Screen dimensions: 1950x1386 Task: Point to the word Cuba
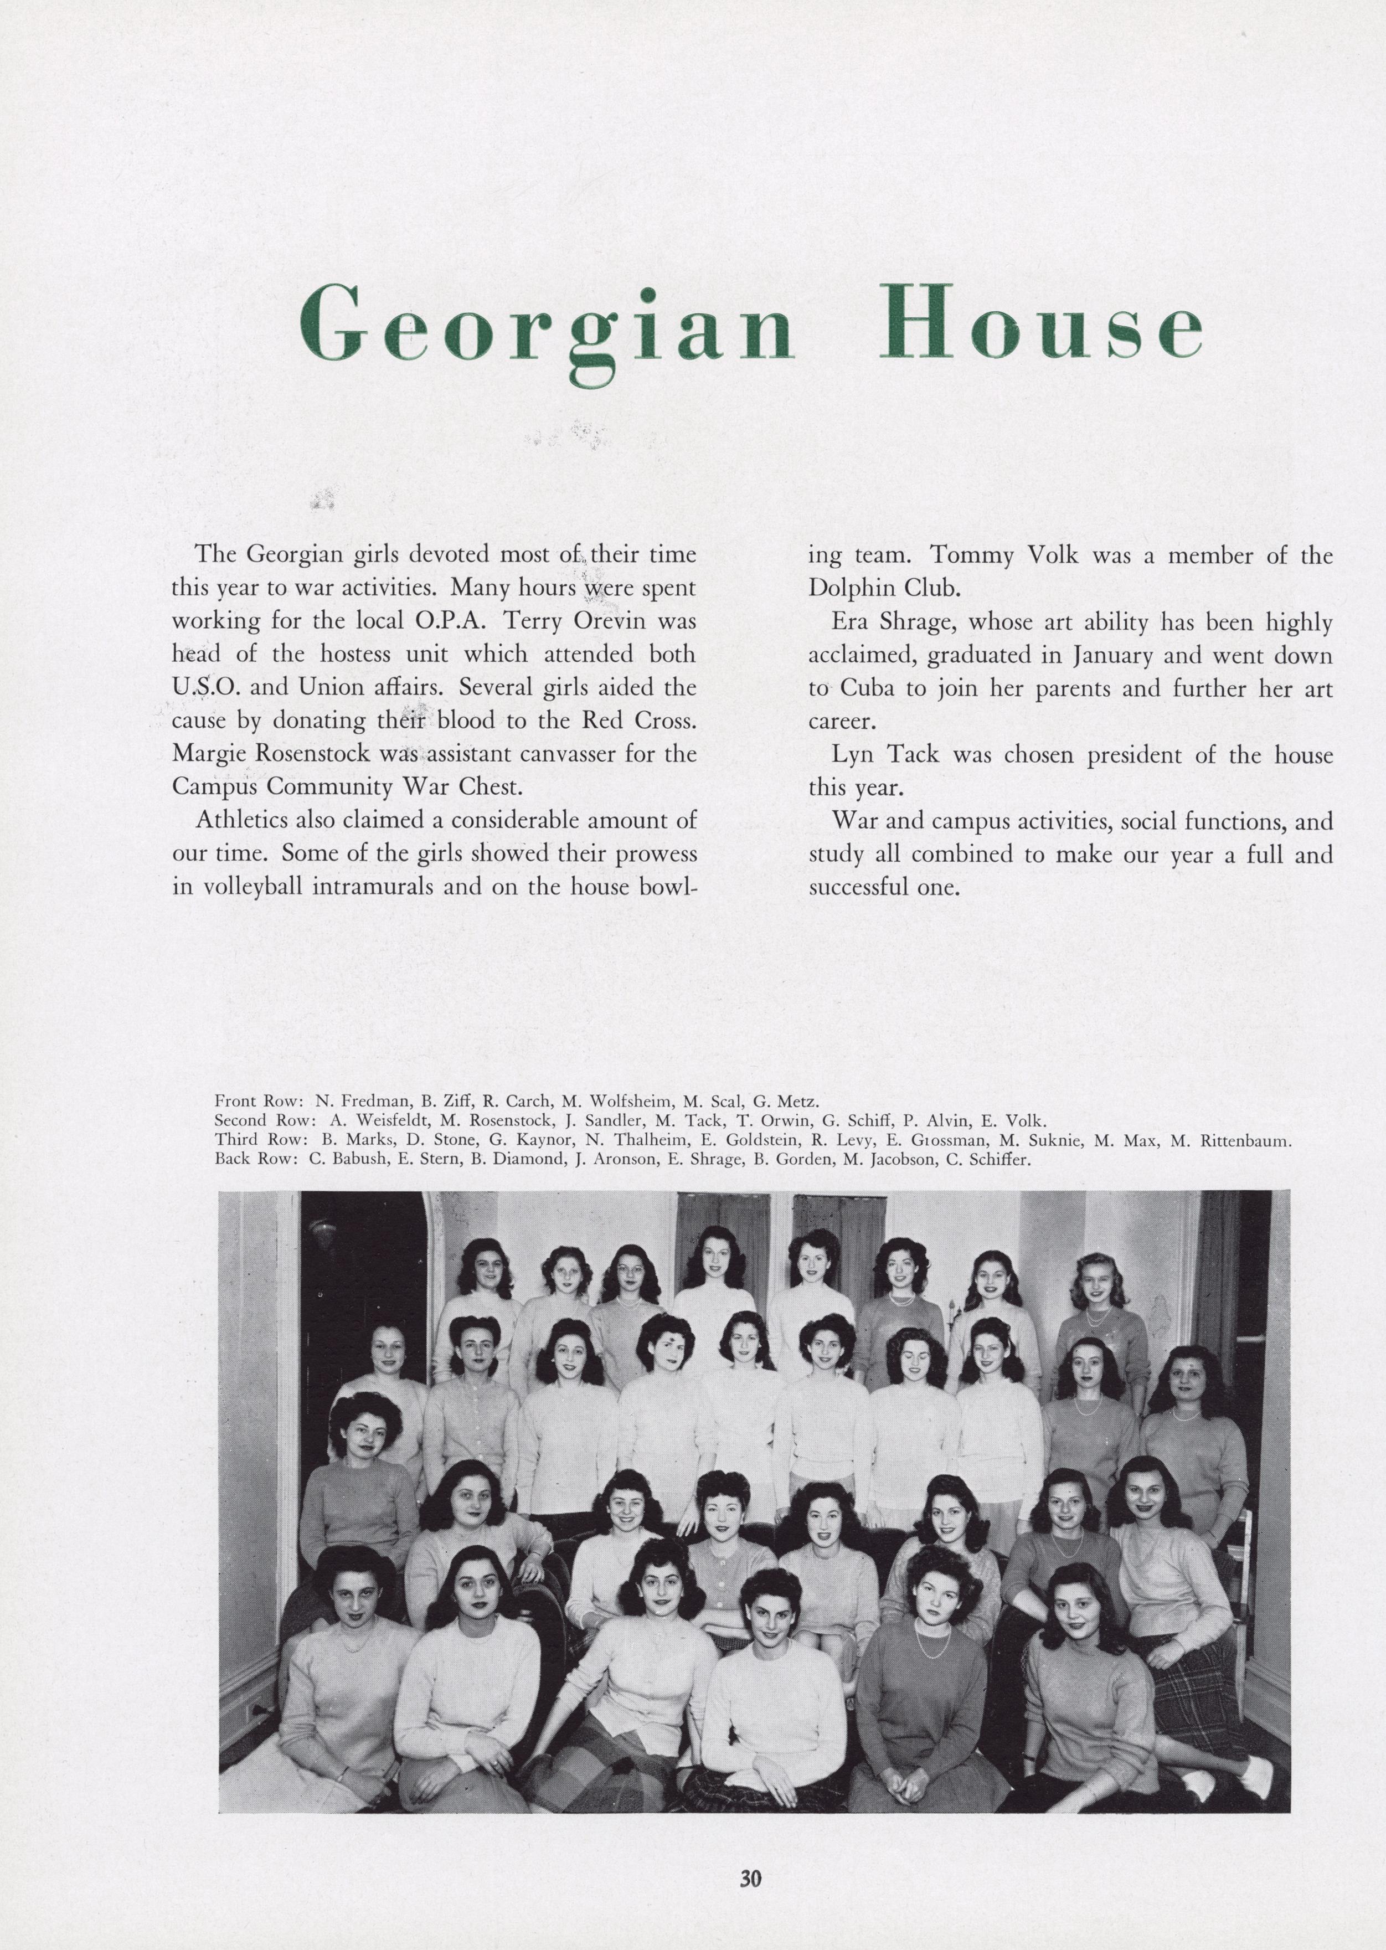click(x=867, y=689)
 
